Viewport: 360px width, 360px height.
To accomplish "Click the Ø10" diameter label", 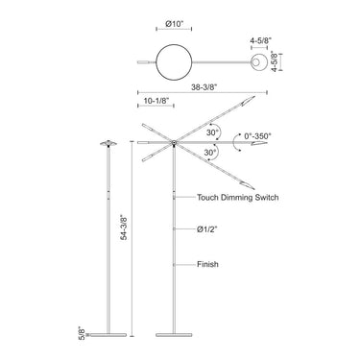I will [175, 29].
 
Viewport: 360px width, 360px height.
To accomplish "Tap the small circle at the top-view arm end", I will [259, 64].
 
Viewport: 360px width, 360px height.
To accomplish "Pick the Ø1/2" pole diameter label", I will [208, 229].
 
